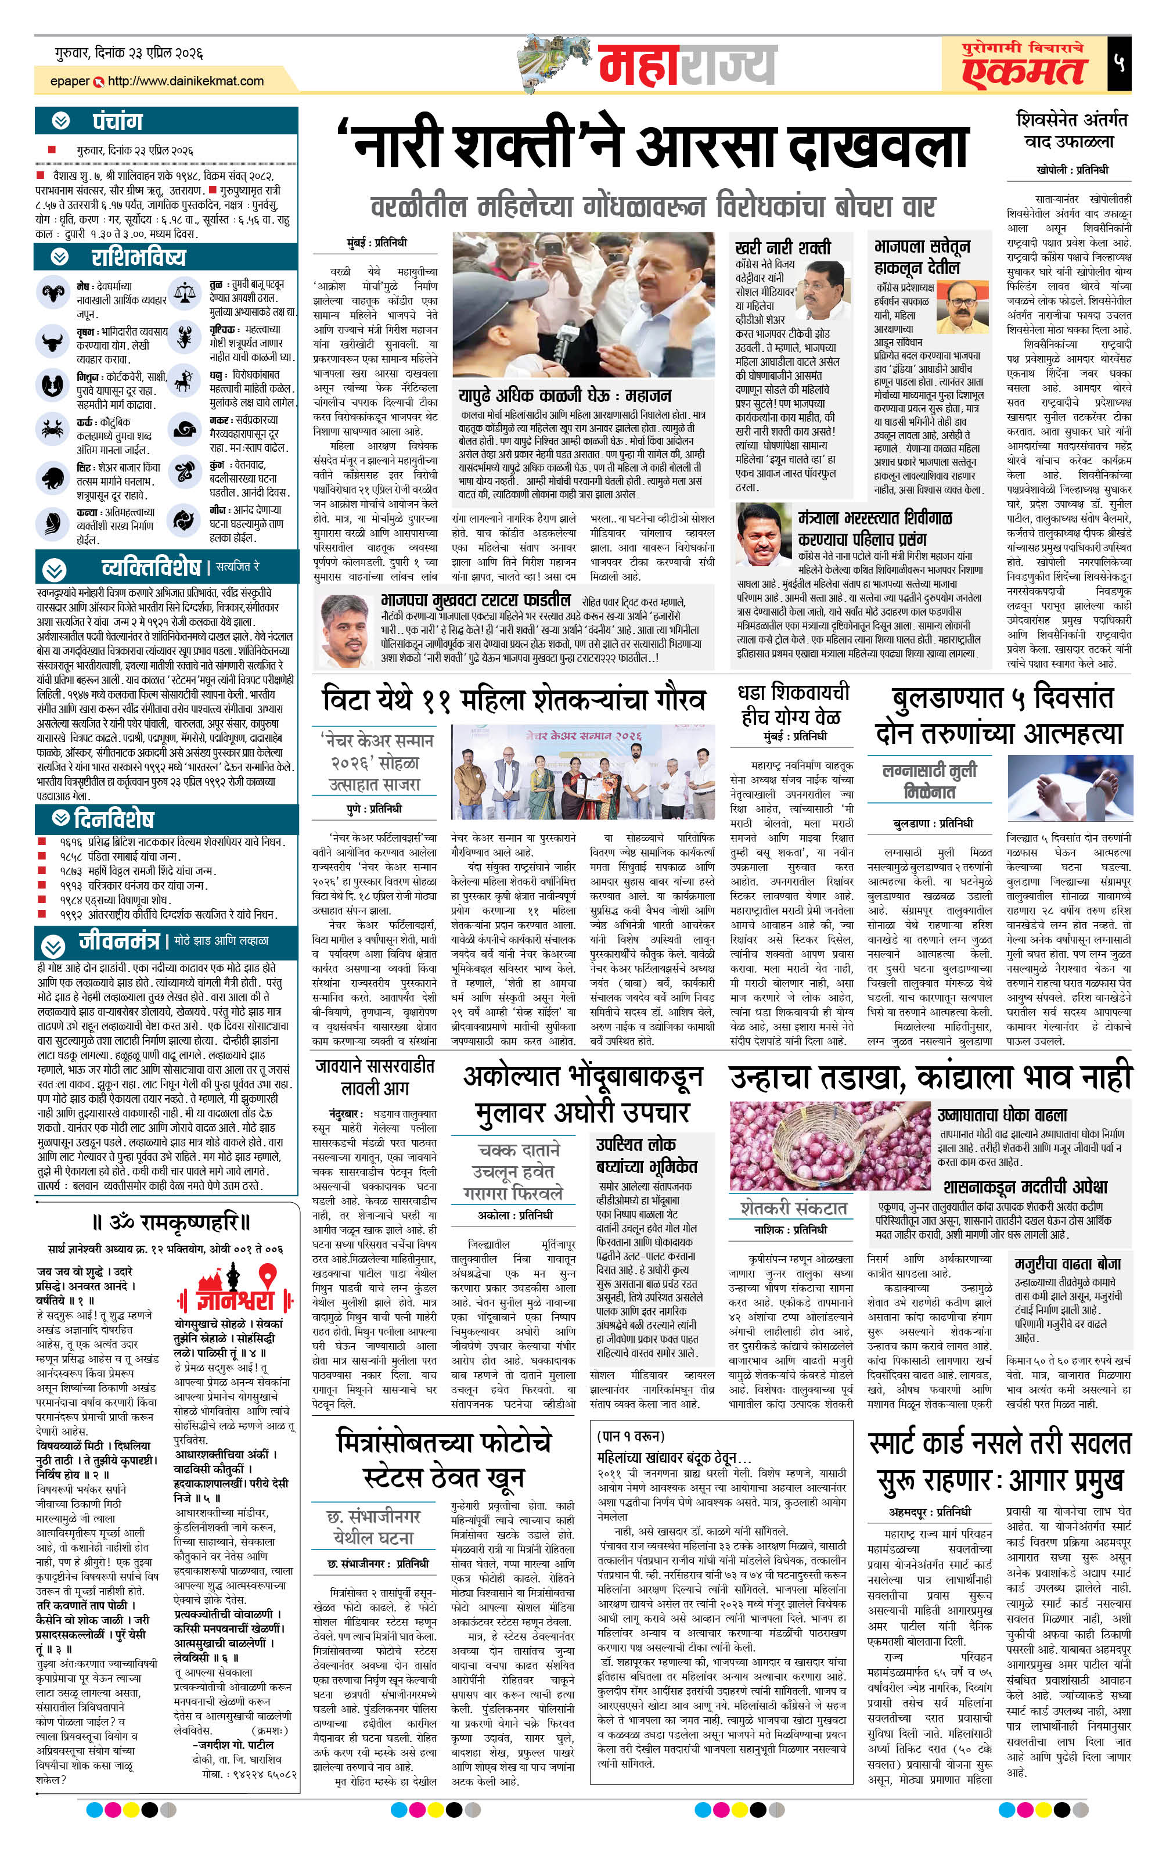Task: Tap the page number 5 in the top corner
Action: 1119,62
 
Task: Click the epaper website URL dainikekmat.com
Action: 185,81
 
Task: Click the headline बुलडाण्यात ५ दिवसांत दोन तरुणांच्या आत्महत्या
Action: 999,715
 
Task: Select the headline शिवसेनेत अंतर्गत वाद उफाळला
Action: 1071,130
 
